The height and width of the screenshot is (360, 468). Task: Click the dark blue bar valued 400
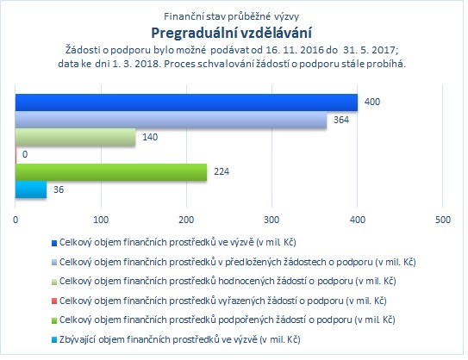(x=186, y=102)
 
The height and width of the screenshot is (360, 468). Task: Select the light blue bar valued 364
(x=171, y=120)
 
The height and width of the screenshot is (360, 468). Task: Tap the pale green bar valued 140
(x=76, y=137)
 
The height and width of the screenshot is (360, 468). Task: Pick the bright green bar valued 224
(x=111, y=172)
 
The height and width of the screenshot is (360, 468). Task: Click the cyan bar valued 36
(x=31, y=189)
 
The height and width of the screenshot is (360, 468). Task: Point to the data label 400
(x=372, y=102)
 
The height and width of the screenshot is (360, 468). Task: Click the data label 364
(x=341, y=120)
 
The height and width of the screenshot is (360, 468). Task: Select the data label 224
(x=222, y=171)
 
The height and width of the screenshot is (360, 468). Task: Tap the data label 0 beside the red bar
(x=25, y=154)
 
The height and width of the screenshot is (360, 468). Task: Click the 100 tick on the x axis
(x=101, y=220)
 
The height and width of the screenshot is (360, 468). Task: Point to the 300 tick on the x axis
(x=271, y=220)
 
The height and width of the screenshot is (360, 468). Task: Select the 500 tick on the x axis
(x=443, y=220)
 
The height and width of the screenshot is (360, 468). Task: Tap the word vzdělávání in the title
(x=276, y=33)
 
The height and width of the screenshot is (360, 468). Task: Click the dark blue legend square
(x=54, y=243)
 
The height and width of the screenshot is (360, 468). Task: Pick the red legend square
(x=54, y=301)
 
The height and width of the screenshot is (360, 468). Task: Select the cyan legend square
(x=54, y=340)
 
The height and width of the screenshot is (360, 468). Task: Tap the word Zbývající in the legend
(x=78, y=339)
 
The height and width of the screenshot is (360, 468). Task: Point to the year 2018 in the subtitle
(x=148, y=64)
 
